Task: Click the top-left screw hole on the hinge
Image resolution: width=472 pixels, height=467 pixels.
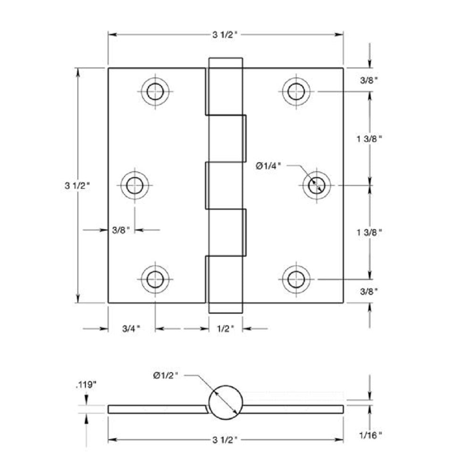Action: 155,91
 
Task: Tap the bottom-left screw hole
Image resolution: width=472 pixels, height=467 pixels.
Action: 155,279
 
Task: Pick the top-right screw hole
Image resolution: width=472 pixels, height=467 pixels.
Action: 296,91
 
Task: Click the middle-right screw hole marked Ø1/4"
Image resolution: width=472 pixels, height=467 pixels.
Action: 316,185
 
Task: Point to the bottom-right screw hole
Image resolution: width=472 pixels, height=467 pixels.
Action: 296,279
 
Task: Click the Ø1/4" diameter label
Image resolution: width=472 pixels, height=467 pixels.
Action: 269,166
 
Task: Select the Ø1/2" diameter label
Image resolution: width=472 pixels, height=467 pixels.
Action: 166,375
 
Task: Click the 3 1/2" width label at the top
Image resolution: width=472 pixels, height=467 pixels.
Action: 226,34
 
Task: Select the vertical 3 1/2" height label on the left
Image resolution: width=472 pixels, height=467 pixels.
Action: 77,185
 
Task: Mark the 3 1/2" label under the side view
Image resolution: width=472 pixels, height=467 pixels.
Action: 226,441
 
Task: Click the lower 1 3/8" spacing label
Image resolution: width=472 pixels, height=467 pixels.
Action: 370,232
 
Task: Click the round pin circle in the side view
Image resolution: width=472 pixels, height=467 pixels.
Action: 226,402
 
